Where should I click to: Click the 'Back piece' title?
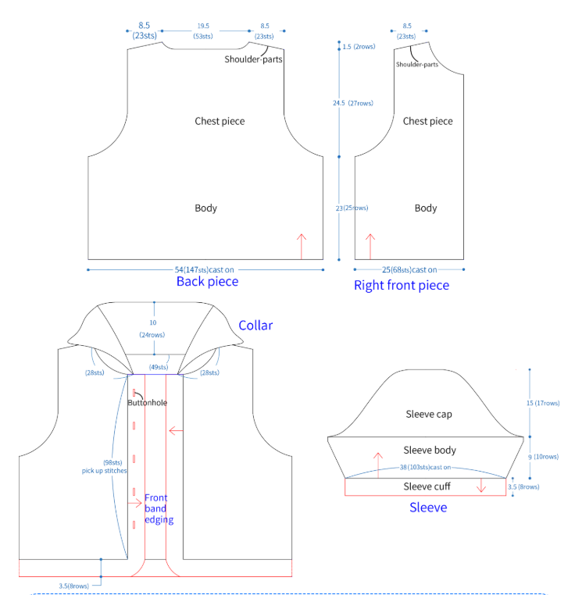click(207, 281)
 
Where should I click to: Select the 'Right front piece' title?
click(402, 285)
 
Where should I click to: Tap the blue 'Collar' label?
click(255, 325)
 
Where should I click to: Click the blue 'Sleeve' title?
click(428, 508)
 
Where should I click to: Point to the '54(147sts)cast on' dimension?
click(204, 269)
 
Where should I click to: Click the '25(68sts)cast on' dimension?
click(409, 269)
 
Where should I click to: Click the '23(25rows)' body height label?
click(352, 208)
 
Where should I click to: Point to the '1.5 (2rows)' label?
click(359, 47)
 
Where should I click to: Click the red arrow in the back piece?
click(302, 245)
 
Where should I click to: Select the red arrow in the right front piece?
click(370, 245)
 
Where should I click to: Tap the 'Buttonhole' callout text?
click(147, 402)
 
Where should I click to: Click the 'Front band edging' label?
click(158, 508)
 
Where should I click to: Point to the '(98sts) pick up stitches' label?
click(104, 466)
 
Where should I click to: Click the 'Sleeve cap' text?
click(429, 414)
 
